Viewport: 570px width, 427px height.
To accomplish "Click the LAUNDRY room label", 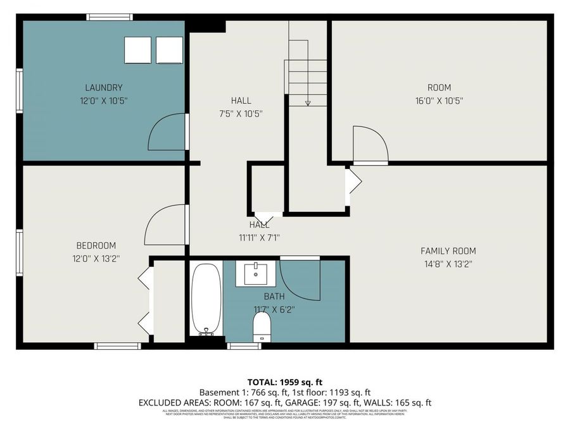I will click(104, 87).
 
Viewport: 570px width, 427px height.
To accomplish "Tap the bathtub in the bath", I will click(206, 299).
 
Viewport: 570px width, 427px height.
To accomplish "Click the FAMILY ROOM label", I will click(448, 251).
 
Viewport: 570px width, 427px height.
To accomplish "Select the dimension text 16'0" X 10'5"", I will click(439, 101).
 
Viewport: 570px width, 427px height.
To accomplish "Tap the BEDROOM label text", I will click(96, 245).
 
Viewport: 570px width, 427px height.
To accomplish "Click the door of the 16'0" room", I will click(370, 145).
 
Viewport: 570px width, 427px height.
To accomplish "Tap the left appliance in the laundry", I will click(137, 50).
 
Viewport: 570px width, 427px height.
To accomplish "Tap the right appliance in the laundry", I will click(168, 50).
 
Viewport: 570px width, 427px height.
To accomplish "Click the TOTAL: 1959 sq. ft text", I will click(284, 382).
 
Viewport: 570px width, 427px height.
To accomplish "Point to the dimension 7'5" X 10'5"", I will click(241, 114).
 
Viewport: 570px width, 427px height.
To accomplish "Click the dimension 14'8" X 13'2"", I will click(448, 264).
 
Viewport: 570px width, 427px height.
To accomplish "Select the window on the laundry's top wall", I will click(110, 17).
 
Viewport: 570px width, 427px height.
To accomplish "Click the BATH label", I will click(274, 296).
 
